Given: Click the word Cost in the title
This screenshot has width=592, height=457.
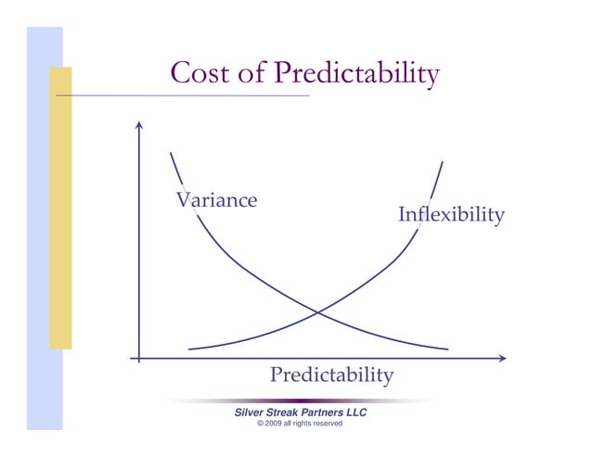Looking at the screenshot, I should (198, 74).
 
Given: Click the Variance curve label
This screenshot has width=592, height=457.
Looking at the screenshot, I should (216, 199).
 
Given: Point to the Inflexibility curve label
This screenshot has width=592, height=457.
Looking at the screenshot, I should (451, 215).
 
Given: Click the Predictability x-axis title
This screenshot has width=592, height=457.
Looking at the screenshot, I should (331, 375).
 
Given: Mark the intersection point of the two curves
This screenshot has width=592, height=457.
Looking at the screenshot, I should (318, 312).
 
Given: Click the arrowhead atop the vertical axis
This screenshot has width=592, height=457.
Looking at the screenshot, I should (139, 125).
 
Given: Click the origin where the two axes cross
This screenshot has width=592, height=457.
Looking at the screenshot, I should (139, 357).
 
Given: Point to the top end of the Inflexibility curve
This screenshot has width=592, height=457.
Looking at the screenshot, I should (442, 163).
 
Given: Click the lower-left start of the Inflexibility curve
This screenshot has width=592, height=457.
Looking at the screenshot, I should (190, 349).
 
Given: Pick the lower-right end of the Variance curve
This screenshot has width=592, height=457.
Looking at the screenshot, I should (447, 349).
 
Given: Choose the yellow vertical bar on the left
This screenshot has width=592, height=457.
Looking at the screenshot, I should (60, 209).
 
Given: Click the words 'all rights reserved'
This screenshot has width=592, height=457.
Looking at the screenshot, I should (315, 424).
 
